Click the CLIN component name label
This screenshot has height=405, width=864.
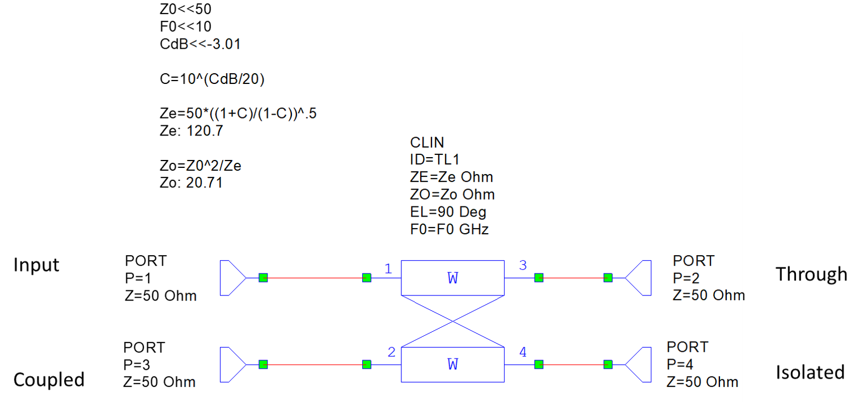click(x=427, y=142)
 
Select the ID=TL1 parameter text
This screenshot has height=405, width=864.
click(x=434, y=159)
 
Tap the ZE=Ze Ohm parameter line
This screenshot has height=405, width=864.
click(x=451, y=177)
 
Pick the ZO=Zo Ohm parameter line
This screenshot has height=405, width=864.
click(x=452, y=195)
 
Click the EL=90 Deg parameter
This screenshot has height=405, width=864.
click(x=448, y=212)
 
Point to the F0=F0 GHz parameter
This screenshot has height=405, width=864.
click(x=449, y=230)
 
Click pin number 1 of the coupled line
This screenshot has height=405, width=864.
click(x=388, y=269)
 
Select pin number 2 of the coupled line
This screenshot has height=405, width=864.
click(x=391, y=352)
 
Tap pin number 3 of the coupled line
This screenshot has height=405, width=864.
click(x=523, y=265)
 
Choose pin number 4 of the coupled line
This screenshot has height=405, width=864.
click(x=523, y=352)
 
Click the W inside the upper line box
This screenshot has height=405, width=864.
click(x=452, y=278)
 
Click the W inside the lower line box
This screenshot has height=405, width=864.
click(x=452, y=364)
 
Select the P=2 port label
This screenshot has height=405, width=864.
click(x=686, y=278)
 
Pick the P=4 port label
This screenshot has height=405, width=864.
click(x=680, y=364)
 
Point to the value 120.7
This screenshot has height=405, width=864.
click(x=205, y=131)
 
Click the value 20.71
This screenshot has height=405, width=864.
click(x=205, y=183)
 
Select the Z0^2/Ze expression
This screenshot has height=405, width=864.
click(x=214, y=166)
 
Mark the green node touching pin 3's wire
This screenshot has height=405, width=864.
click(x=539, y=278)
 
